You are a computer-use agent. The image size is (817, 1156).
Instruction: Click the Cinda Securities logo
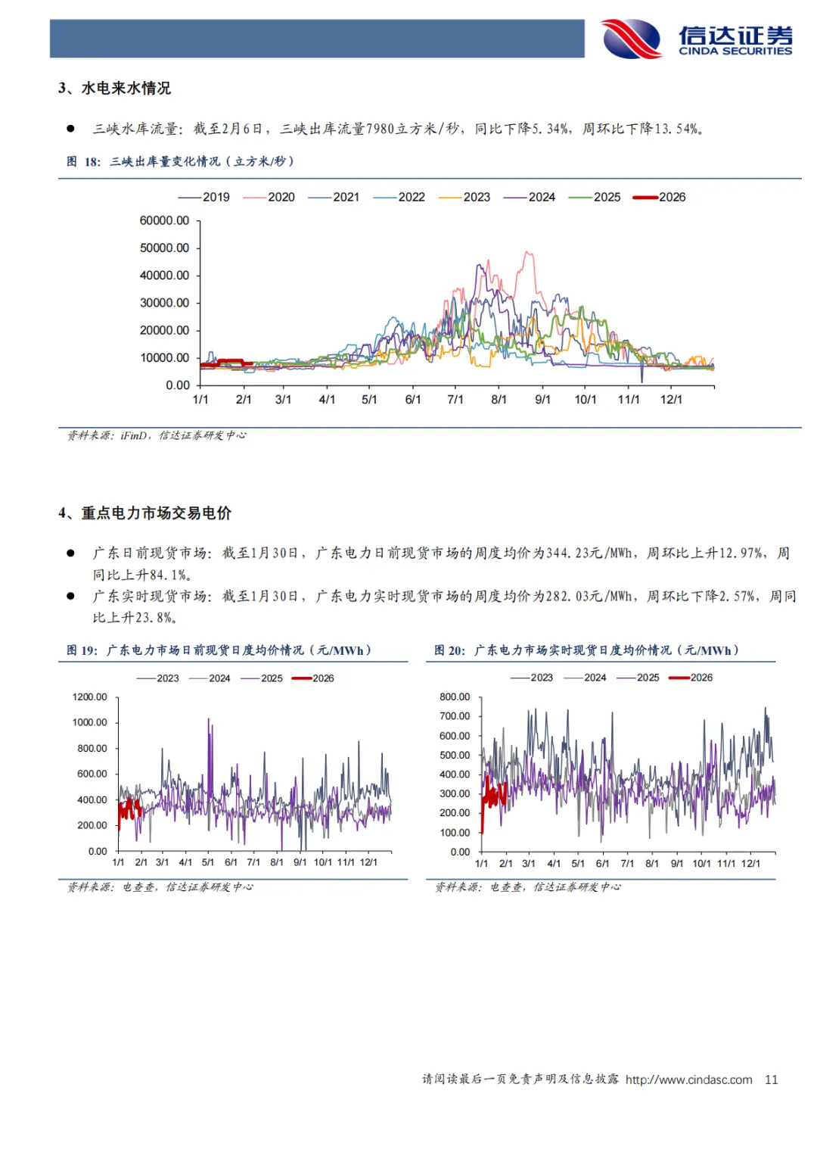[x=696, y=39]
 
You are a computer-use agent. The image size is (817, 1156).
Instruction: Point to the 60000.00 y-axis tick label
[x=164, y=220]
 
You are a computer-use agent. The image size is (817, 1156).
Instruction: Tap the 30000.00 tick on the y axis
[x=164, y=303]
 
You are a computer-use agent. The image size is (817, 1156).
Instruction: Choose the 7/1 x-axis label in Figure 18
[x=455, y=399]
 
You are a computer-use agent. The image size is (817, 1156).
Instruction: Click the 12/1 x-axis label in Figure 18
[x=671, y=399]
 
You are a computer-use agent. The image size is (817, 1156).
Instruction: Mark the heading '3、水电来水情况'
[x=115, y=89]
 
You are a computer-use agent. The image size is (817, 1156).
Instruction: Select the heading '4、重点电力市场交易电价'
[x=145, y=513]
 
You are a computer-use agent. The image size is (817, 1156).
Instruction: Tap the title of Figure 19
[x=219, y=650]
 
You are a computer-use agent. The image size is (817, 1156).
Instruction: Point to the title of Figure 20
[x=586, y=650]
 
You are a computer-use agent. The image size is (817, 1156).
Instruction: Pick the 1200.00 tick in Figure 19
[x=90, y=696]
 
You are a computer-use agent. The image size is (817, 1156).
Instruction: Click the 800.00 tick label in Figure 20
[x=455, y=696]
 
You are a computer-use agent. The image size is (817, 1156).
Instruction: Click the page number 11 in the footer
[x=771, y=1080]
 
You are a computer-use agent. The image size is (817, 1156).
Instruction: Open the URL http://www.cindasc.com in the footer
[x=688, y=1080]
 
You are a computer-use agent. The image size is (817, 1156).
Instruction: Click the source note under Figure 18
[x=157, y=435]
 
